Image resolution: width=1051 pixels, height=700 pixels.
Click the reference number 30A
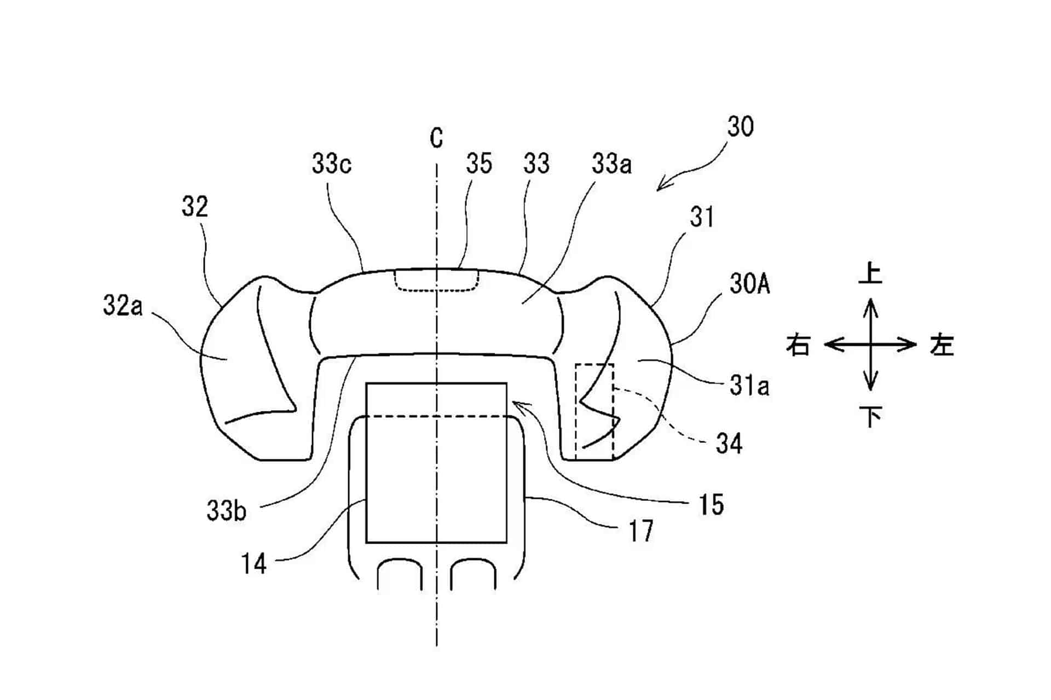pos(749,284)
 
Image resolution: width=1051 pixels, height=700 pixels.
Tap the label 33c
pos(332,164)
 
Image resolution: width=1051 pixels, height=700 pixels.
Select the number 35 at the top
pos(479,164)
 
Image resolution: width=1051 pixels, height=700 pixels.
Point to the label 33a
pos(611,164)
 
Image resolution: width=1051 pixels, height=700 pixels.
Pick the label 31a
pos(749,386)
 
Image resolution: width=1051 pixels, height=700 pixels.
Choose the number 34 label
pos(729,444)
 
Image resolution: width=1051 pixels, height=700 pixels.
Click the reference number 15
pos(711,505)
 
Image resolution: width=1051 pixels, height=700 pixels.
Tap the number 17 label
pos(641,531)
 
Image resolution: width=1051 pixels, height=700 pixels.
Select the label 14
pos(254,564)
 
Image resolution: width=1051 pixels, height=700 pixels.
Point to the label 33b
pos(227,511)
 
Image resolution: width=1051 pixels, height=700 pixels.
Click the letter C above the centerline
pos(436,138)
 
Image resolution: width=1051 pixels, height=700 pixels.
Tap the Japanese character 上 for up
pos(870,273)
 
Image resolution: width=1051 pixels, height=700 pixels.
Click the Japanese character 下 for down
pos(870,417)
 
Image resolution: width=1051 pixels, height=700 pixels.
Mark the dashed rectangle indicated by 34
pos(576,410)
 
